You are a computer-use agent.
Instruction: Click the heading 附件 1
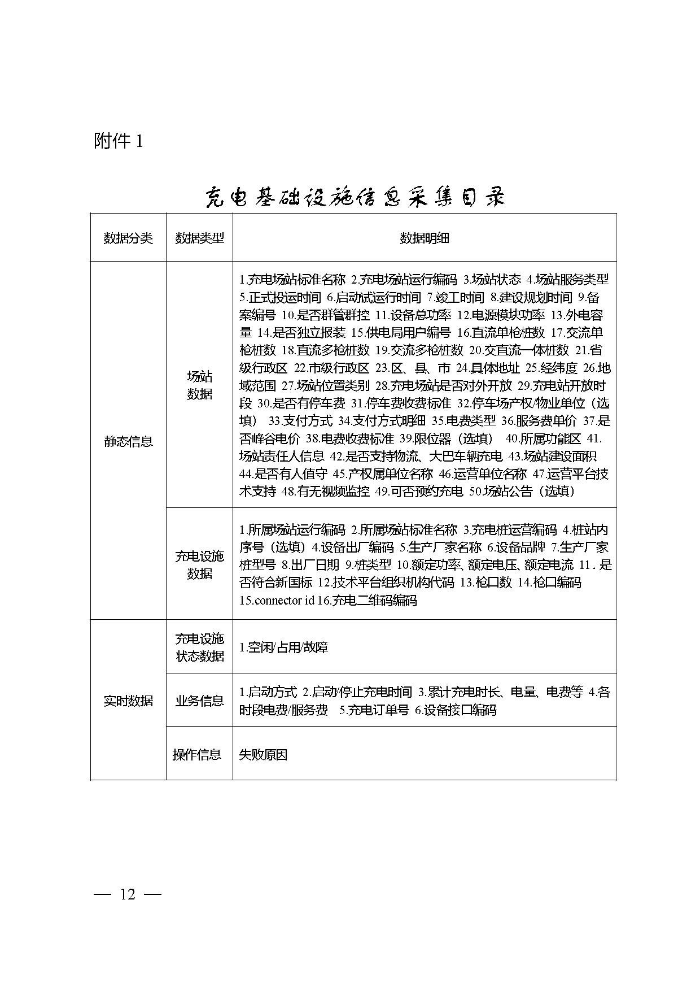(119, 141)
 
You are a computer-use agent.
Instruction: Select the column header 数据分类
(128, 238)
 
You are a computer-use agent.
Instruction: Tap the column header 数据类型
(199, 238)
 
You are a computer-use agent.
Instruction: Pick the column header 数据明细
(424, 238)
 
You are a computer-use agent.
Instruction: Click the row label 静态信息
(128, 441)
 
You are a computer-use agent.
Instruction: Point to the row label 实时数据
(128, 701)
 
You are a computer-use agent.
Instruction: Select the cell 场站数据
(199, 385)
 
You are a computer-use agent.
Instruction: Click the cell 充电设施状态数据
(199, 647)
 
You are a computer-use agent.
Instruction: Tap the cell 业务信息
(199, 701)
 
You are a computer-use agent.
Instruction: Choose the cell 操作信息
(196, 754)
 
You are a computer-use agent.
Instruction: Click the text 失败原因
(263, 754)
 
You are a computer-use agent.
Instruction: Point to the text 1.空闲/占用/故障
(283, 647)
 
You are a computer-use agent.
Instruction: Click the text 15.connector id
(276, 601)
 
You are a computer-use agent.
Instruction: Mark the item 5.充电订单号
(374, 710)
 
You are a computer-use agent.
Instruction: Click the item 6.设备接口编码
(455, 710)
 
